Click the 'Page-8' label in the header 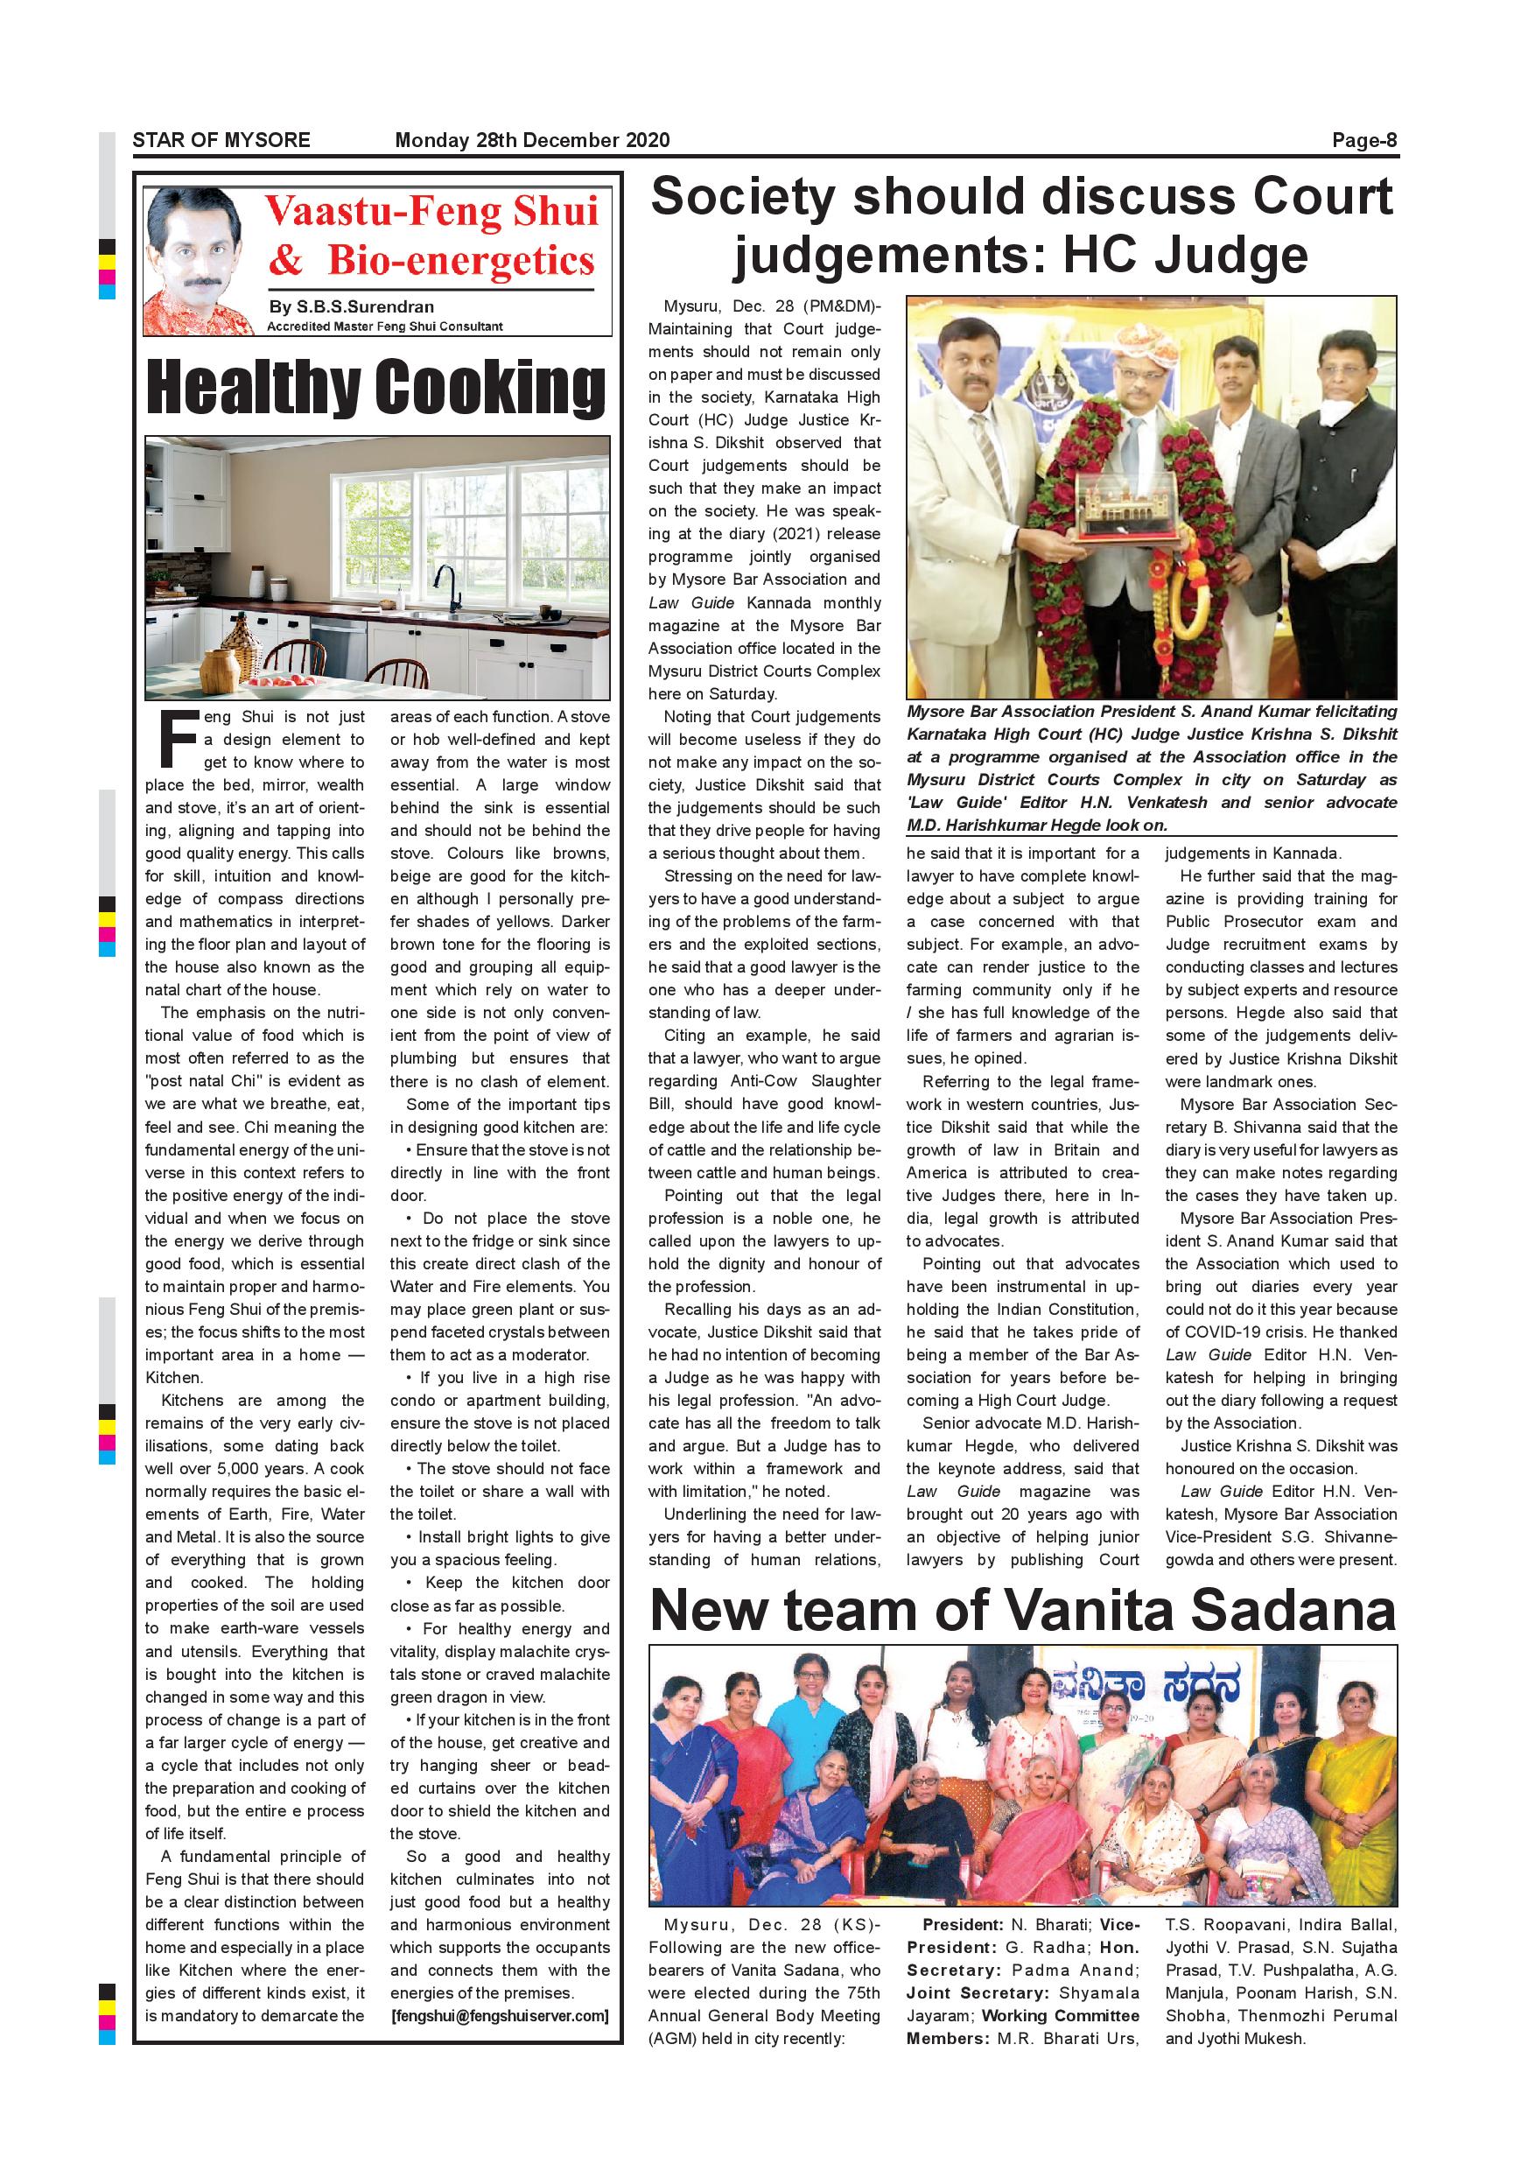point(1364,140)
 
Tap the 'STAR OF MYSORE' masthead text point(221,140)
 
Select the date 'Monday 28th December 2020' point(532,140)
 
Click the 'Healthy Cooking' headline point(376,388)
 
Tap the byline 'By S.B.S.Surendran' point(352,306)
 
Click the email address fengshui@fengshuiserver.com point(500,2015)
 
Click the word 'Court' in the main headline point(1322,197)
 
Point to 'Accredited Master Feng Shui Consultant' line point(385,327)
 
